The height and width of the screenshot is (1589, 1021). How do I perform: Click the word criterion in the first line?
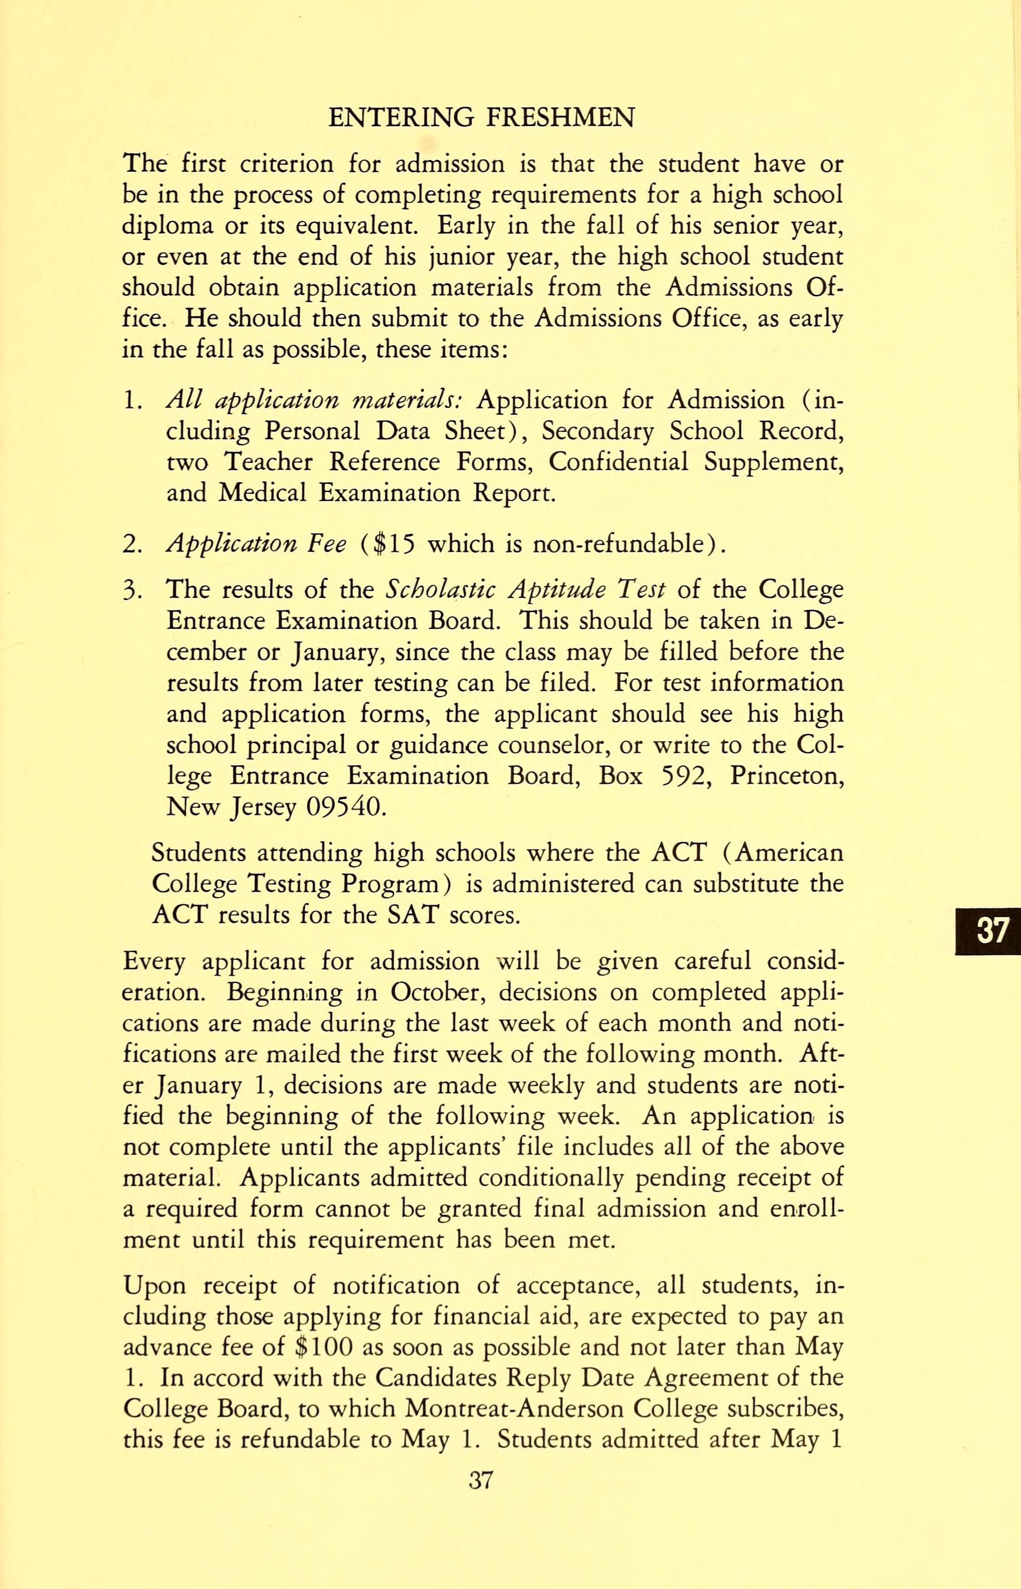point(278,163)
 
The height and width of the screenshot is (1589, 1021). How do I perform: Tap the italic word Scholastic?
point(440,590)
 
